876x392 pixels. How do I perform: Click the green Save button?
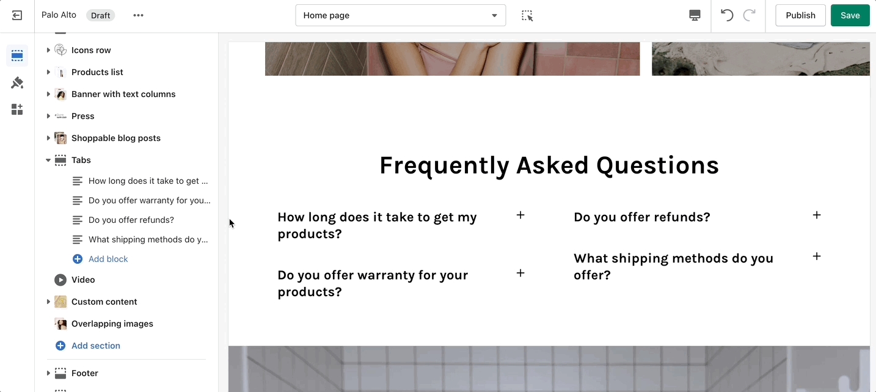coord(850,15)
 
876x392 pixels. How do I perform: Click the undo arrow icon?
coord(726,15)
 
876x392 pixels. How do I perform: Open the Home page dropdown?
coord(401,15)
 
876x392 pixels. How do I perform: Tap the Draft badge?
coord(101,15)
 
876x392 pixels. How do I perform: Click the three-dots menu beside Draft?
coord(139,15)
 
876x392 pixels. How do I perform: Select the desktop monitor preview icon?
coord(695,15)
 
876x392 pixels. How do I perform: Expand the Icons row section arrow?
coord(48,50)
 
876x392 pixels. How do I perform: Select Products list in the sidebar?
coord(97,72)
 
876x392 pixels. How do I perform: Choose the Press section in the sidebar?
coord(82,116)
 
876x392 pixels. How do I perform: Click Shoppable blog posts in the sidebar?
coord(115,138)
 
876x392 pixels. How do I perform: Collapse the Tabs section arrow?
coord(48,160)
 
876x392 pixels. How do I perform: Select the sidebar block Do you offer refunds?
coord(131,220)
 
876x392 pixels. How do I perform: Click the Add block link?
coord(108,259)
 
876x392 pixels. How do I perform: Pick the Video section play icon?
coord(60,280)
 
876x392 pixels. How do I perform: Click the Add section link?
coord(95,346)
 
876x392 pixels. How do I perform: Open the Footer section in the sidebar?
coord(84,373)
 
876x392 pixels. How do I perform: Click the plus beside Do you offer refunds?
coord(817,215)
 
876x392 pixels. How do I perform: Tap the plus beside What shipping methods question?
coord(817,256)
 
